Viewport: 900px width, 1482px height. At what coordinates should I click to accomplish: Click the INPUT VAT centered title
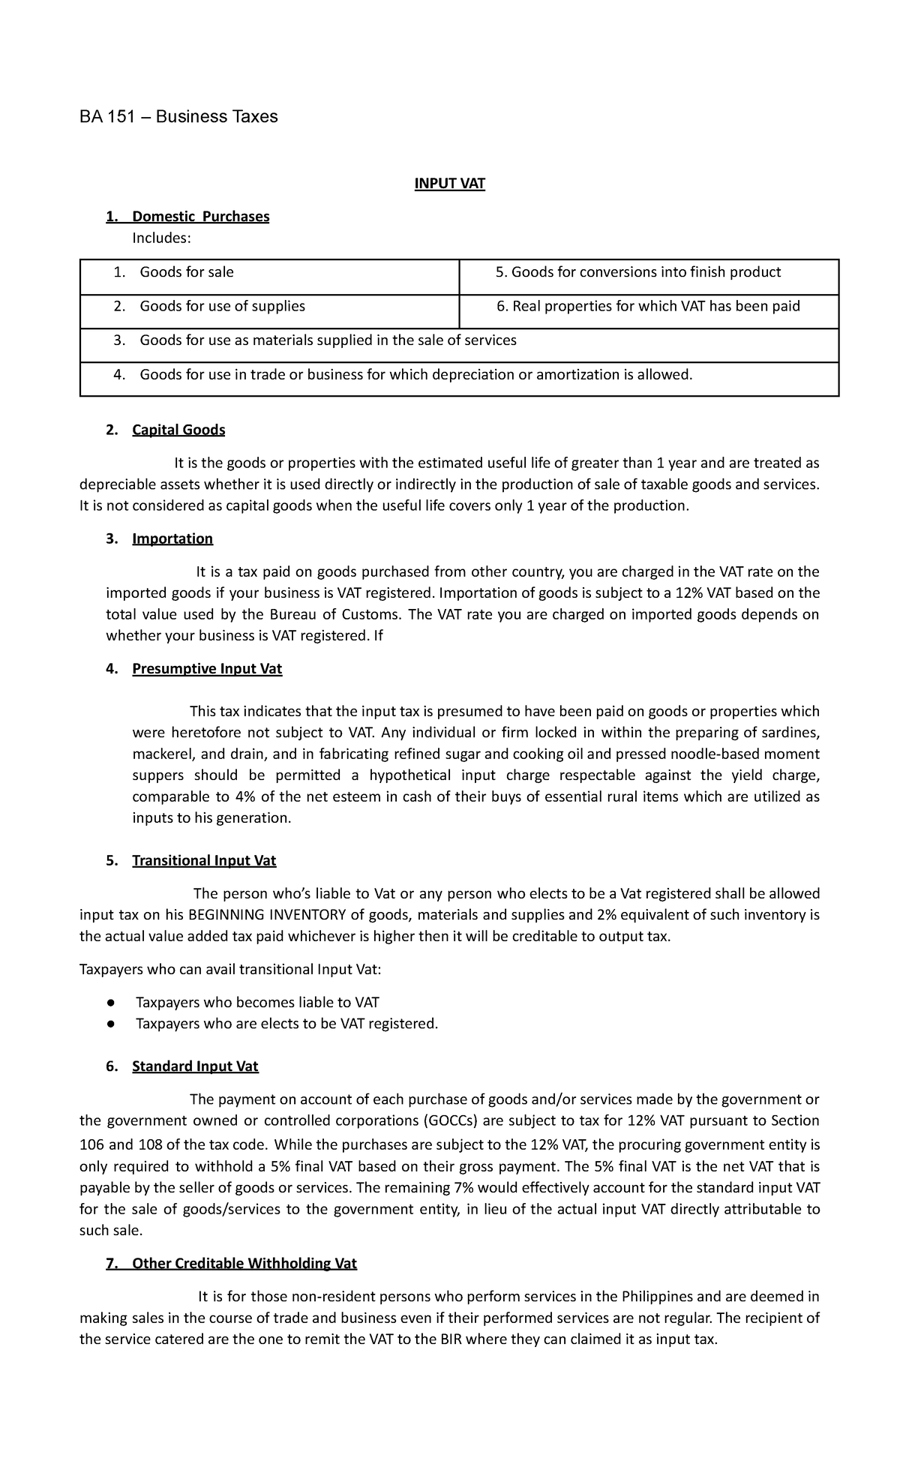(450, 184)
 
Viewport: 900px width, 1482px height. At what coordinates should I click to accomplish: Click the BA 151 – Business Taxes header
(178, 116)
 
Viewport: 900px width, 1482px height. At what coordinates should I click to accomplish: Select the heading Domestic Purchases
(200, 217)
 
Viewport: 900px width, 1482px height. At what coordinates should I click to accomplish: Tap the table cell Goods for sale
(187, 272)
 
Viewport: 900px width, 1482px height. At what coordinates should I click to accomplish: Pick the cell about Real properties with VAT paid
(648, 306)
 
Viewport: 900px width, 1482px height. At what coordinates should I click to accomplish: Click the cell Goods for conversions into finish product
(638, 272)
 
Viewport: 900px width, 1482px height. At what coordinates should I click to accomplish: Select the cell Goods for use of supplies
(222, 306)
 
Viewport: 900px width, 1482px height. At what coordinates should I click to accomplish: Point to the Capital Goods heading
(178, 430)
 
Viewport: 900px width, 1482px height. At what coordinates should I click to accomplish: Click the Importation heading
(172, 538)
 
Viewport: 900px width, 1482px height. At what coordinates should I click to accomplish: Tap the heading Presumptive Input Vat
(207, 668)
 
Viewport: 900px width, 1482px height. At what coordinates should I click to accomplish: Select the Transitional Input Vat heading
(204, 860)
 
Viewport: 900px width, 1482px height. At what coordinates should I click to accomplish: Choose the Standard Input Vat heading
(195, 1066)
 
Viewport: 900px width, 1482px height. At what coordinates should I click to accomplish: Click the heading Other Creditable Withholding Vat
(244, 1263)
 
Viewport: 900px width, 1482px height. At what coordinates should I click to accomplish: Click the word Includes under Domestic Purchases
(161, 238)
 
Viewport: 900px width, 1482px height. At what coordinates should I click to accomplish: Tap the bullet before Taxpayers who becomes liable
(110, 1003)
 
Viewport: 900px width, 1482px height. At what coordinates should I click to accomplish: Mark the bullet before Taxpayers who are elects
(110, 1024)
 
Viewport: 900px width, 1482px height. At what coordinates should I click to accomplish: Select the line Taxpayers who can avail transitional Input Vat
(230, 970)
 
